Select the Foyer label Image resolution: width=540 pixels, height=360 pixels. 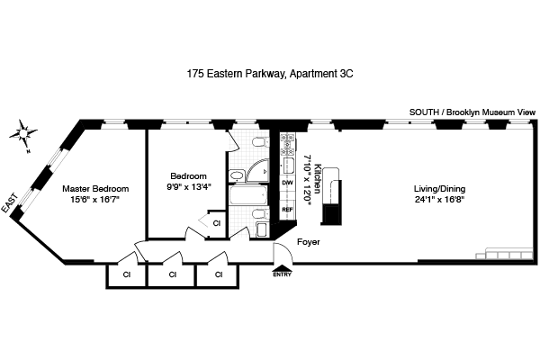[309, 243]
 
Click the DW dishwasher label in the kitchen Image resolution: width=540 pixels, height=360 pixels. [288, 184]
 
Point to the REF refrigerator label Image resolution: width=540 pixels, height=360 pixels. [288, 210]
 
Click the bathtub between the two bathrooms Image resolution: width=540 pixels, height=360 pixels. [246, 196]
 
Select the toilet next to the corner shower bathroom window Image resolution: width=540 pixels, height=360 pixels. [257, 143]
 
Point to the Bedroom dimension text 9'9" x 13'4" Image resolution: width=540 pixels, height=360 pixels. [189, 188]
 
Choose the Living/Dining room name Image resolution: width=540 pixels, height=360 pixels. [440, 189]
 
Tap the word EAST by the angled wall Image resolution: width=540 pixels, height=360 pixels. [10, 206]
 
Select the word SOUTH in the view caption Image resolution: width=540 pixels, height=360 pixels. [423, 111]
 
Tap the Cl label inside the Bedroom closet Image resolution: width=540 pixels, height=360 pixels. [216, 222]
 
